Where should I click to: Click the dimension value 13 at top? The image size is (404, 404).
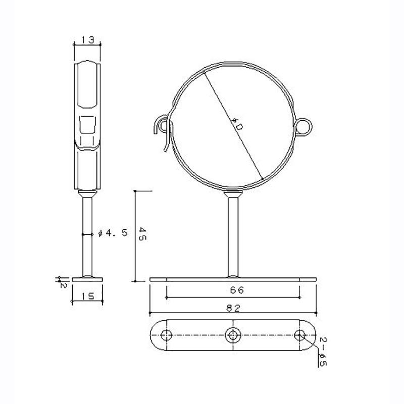pos(87,40)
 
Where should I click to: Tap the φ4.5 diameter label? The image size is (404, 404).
pos(113,233)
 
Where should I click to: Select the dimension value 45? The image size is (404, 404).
pos(142,234)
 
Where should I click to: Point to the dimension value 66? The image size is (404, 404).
pos(237,290)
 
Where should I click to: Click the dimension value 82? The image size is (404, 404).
pos(234,308)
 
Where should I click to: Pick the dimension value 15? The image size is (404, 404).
pos(88,296)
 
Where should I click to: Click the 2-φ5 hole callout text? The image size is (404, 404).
pos(323,351)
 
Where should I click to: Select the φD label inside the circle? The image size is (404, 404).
pos(237,124)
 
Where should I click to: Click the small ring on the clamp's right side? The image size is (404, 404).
pos(304,127)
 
